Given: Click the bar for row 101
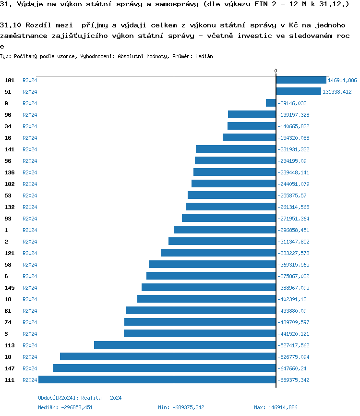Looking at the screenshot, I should coord(301,80).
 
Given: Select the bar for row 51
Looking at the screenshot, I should coord(298,92).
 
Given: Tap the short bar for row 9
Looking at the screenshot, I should coord(271,103).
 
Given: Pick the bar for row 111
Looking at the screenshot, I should coord(157,380).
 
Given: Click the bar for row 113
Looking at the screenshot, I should coord(185,345).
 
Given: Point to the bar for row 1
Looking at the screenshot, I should coord(225,230).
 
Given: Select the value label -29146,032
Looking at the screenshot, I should coord(292,103).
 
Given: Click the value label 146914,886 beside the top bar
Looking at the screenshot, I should coord(342,80).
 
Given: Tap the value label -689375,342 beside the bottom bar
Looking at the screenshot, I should coord(293,380).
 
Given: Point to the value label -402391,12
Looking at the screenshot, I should coord(292,299).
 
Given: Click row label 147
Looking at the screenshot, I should coord(10,368).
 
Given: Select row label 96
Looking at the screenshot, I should coord(8,115).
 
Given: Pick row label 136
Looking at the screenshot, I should coord(10,172).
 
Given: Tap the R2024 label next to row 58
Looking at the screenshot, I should coord(30,265).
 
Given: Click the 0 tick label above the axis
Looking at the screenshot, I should coord(276,71).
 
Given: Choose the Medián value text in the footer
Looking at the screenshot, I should coord(66,407).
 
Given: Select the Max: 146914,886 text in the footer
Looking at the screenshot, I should coord(276,407).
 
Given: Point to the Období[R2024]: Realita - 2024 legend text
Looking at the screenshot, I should coord(80,398).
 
